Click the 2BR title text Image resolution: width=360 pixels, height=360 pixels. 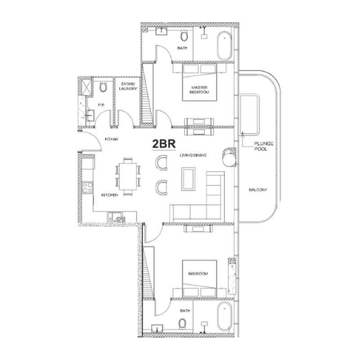pyautogui.click(x=164, y=144)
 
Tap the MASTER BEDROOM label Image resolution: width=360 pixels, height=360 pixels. pyautogui.click(x=199, y=90)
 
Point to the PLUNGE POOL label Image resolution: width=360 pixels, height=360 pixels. pyautogui.click(x=264, y=146)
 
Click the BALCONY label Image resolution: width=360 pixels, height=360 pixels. pyautogui.click(x=258, y=190)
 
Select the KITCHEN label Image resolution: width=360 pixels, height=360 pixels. pyautogui.click(x=110, y=195)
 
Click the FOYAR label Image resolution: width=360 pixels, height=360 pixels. pyautogui.click(x=111, y=139)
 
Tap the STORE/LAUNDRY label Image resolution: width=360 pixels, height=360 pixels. pyautogui.click(x=128, y=86)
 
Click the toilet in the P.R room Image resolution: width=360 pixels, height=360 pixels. pyautogui.click(x=103, y=87)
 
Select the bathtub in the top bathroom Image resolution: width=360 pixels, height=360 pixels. pyautogui.click(x=224, y=46)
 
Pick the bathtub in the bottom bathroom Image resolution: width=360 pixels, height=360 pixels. pyautogui.click(x=225, y=316)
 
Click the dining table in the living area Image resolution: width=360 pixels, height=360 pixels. pyautogui.click(x=128, y=176)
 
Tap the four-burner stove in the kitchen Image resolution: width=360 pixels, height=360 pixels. pyautogui.click(x=88, y=187)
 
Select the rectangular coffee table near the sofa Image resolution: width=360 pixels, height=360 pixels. pyautogui.click(x=189, y=179)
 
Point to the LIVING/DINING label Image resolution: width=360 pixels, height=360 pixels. pyautogui.click(x=193, y=155)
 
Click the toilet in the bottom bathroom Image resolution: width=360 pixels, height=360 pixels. pyautogui.click(x=183, y=324)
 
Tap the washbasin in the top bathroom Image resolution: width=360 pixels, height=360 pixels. pyautogui.click(x=162, y=31)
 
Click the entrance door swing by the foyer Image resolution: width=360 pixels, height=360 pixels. pyautogui.click(x=91, y=142)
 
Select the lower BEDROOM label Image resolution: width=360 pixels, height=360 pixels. pyautogui.click(x=198, y=274)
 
